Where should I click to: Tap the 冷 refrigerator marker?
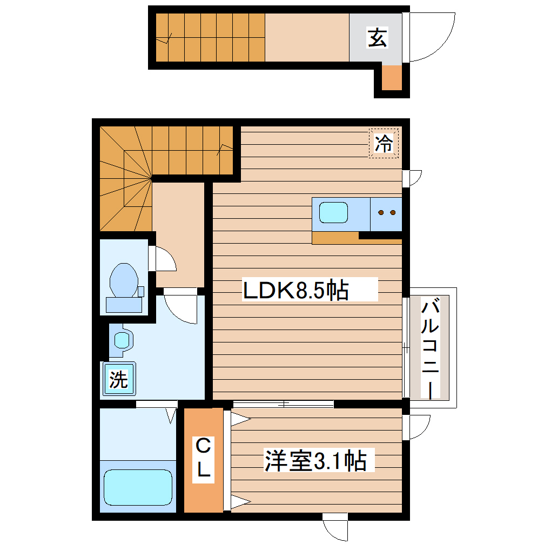coord(384,144)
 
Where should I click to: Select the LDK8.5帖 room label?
coord(295,291)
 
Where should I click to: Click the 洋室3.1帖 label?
coord(315,461)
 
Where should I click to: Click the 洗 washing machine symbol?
coord(119,380)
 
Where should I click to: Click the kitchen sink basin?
coord(333,212)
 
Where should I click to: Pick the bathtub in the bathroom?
coord(138,487)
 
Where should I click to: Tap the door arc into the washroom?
coord(181,308)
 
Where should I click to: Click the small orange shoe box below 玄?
coord(392,78)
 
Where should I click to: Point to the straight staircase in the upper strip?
coord(211,38)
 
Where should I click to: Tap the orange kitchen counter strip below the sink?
coord(335,238)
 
